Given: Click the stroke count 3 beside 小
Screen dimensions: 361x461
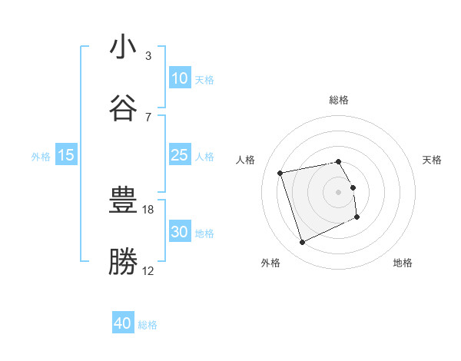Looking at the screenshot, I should pyautogui.click(x=148, y=56).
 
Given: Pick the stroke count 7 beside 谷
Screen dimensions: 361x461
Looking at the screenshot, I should pyautogui.click(x=148, y=117).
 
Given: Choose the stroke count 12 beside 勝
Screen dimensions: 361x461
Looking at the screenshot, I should pyautogui.click(x=148, y=270).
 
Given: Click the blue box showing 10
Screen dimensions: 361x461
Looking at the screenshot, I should pyautogui.click(x=179, y=78).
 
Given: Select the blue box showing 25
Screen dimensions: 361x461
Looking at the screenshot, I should pyautogui.click(x=179, y=155).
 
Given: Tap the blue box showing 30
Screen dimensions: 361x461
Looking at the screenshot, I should pyautogui.click(x=179, y=232).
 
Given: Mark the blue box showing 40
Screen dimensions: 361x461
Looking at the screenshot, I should pyautogui.click(x=123, y=324).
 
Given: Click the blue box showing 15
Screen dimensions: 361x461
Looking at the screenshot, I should pyautogui.click(x=66, y=155).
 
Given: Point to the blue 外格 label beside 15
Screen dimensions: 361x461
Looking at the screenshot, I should pyautogui.click(x=41, y=156).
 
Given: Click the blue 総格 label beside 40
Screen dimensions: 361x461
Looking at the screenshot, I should pyautogui.click(x=148, y=325).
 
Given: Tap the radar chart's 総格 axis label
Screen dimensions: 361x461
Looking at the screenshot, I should pyautogui.click(x=339, y=100).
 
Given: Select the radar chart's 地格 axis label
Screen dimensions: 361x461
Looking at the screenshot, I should pyautogui.click(x=403, y=263).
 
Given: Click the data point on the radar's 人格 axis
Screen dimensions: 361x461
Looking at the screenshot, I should pyautogui.click(x=280, y=172).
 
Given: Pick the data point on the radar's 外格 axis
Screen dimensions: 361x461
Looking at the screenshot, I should pyautogui.click(x=302, y=243).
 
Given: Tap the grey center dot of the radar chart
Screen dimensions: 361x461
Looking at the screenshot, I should pyautogui.click(x=339, y=191).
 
